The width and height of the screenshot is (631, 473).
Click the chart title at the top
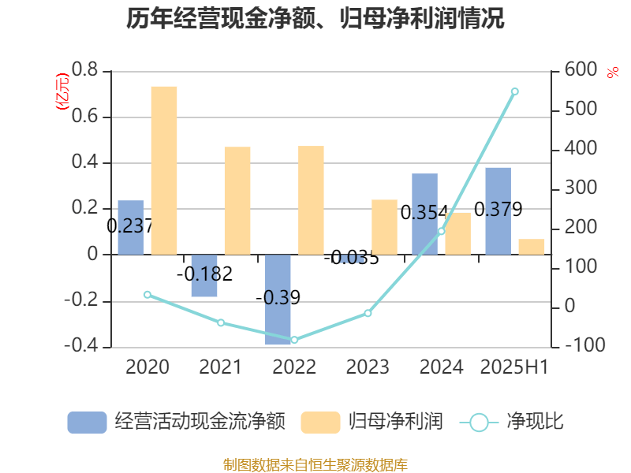(x=315, y=19)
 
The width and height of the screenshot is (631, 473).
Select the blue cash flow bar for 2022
(x=278, y=300)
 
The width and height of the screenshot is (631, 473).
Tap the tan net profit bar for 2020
(x=164, y=170)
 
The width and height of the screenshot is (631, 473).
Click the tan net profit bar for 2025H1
(x=532, y=247)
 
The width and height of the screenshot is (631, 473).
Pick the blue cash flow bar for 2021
(x=204, y=276)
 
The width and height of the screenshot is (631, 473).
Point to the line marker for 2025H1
(x=515, y=91)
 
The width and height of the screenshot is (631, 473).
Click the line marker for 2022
(x=294, y=340)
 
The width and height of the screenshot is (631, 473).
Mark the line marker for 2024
(x=441, y=231)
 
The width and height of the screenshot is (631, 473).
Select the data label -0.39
(x=278, y=298)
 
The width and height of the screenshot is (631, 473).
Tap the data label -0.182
(x=204, y=274)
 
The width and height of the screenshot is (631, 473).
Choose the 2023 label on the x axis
(x=368, y=367)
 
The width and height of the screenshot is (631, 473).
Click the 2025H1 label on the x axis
(x=515, y=367)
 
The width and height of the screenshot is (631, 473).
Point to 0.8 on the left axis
(x=84, y=71)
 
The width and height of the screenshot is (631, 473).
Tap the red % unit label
(x=612, y=73)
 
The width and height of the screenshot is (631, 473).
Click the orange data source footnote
(x=315, y=464)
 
